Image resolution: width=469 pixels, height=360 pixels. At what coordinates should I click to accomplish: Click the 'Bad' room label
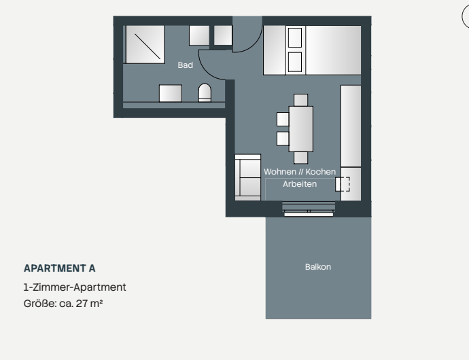(185, 65)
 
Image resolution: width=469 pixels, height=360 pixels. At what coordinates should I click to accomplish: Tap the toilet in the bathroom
(205, 94)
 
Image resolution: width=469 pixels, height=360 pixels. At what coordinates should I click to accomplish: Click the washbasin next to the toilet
(170, 94)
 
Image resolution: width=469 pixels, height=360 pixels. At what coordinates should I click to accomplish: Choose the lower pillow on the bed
(295, 61)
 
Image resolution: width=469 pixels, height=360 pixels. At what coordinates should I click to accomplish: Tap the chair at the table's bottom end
(300, 158)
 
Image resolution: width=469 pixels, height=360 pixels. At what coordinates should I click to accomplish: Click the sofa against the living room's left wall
(247, 177)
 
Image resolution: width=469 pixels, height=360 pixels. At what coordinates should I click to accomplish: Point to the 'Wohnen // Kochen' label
(300, 173)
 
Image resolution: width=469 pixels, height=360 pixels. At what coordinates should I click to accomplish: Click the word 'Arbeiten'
(300, 184)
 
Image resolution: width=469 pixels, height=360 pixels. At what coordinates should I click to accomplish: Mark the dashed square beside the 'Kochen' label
(343, 183)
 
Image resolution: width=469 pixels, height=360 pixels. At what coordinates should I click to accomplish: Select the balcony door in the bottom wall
(309, 209)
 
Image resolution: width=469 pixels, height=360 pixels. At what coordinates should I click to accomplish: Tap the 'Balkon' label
(318, 267)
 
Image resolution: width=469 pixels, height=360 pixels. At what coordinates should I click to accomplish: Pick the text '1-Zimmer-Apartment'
(75, 287)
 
